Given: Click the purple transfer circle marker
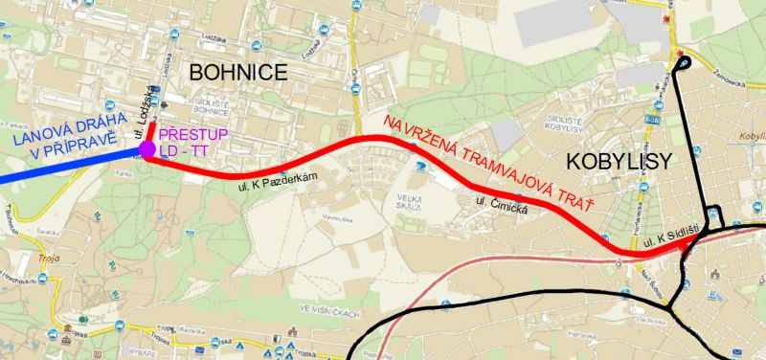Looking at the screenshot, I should click(x=147, y=149).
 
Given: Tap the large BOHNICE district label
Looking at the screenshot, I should click(x=237, y=72).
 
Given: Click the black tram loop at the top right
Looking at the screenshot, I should click(x=682, y=64).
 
